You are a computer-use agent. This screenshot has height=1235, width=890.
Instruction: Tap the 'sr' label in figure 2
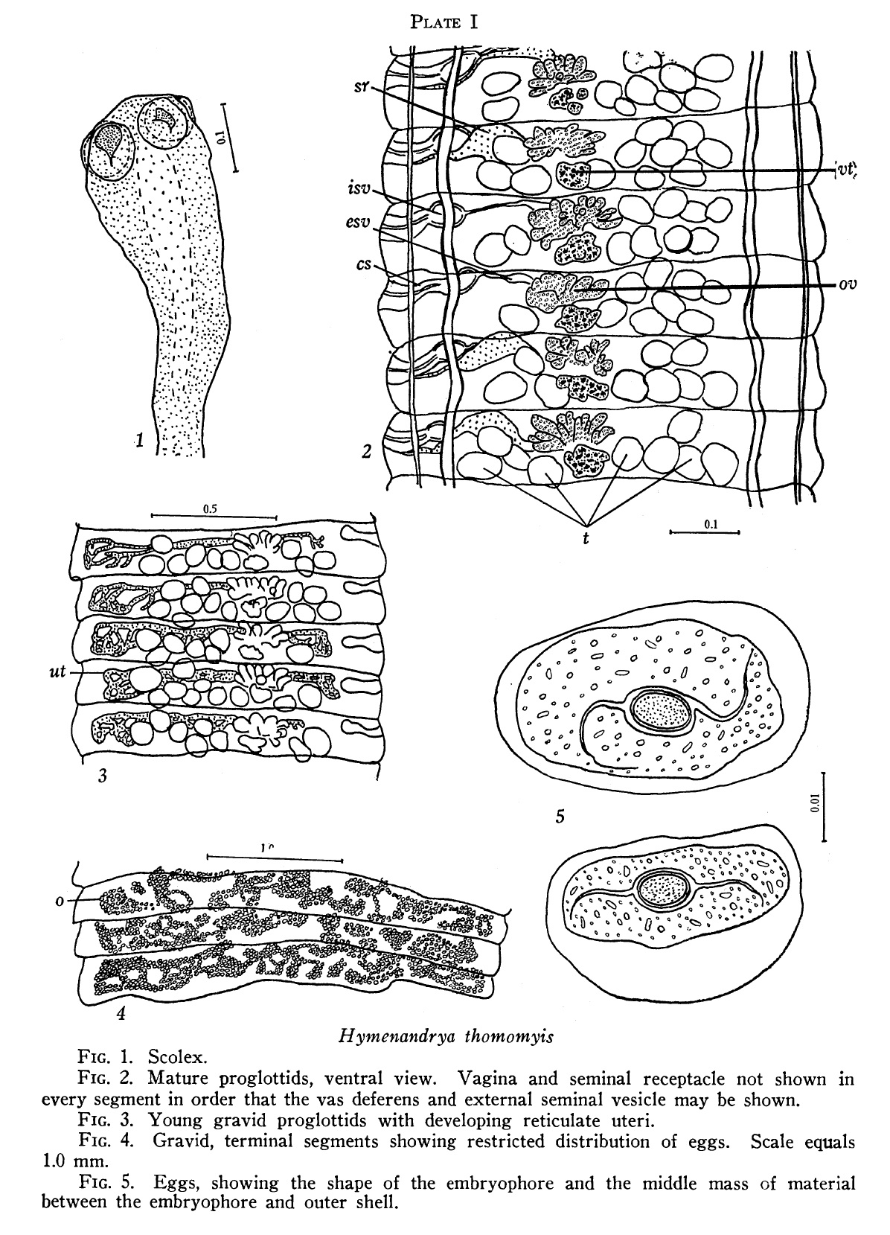[361, 87]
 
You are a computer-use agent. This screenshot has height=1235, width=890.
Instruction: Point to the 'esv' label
[358, 223]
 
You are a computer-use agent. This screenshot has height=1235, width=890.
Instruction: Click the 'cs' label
[364, 265]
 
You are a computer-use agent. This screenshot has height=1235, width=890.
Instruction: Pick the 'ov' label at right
[848, 285]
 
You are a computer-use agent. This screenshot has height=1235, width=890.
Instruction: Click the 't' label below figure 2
[586, 537]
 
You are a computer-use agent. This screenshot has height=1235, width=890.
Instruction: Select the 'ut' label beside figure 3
[58, 671]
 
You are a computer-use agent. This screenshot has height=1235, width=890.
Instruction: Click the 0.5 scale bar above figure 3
[214, 517]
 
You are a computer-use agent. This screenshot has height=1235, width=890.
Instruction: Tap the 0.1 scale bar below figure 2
[704, 532]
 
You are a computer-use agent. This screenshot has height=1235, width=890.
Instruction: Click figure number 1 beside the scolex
[140, 440]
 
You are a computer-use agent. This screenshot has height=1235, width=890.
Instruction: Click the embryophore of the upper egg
[660, 709]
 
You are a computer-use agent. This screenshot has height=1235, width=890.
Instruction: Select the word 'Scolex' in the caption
[177, 1057]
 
